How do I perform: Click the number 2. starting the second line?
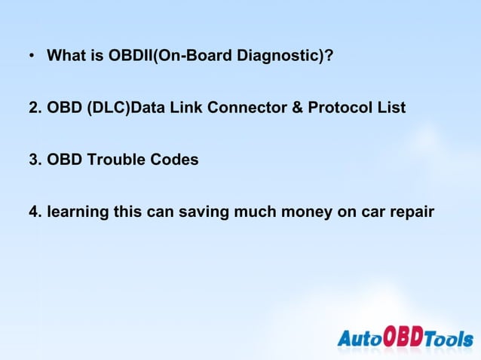tap(35, 108)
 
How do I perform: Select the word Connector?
tap(253, 108)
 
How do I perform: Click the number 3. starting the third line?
tap(35, 160)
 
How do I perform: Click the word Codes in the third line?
tap(170, 160)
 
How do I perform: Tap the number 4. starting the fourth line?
tap(35, 213)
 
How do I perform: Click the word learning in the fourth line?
tap(77, 214)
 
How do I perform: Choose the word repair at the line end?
tap(411, 214)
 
